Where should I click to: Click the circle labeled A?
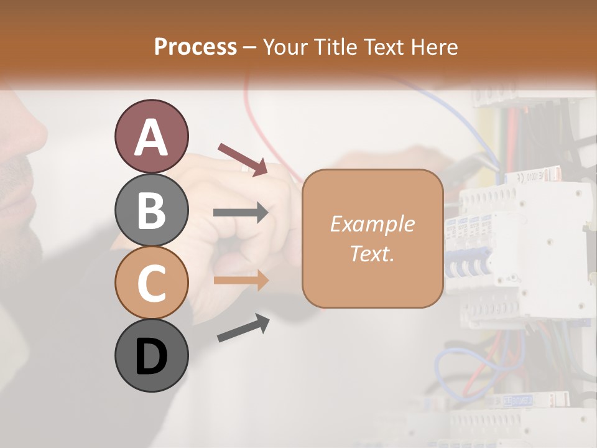[151, 136]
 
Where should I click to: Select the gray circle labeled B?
[151, 210]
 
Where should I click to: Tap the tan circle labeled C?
[151, 283]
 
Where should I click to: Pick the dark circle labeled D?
[151, 356]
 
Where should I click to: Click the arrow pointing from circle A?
[243, 159]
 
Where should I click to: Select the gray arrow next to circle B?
[241, 213]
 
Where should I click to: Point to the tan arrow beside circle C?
[241, 280]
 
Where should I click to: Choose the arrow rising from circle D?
[243, 328]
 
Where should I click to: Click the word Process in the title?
[195, 47]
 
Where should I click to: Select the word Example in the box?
[372, 224]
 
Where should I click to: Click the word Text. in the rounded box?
[372, 253]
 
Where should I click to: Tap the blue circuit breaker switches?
[466, 261]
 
